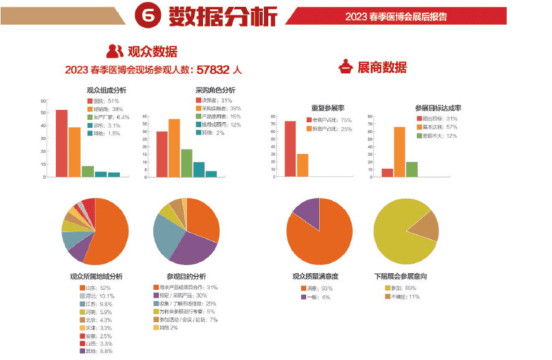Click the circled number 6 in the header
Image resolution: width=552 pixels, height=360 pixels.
pos(149,16)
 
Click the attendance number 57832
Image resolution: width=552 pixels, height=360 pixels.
pos(214,70)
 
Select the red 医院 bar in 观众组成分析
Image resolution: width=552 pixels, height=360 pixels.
pos(61,143)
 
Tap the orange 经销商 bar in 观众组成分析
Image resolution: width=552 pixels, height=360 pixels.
pos(75,152)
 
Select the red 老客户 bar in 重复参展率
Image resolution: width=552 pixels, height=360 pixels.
pos(290,149)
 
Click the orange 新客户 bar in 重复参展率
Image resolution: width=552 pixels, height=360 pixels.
pos(302,165)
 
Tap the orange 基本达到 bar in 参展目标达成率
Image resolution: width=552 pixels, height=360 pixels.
pos(399,152)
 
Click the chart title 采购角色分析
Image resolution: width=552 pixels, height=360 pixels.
pos(215,90)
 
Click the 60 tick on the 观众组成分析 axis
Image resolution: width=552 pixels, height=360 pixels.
pos(43,101)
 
